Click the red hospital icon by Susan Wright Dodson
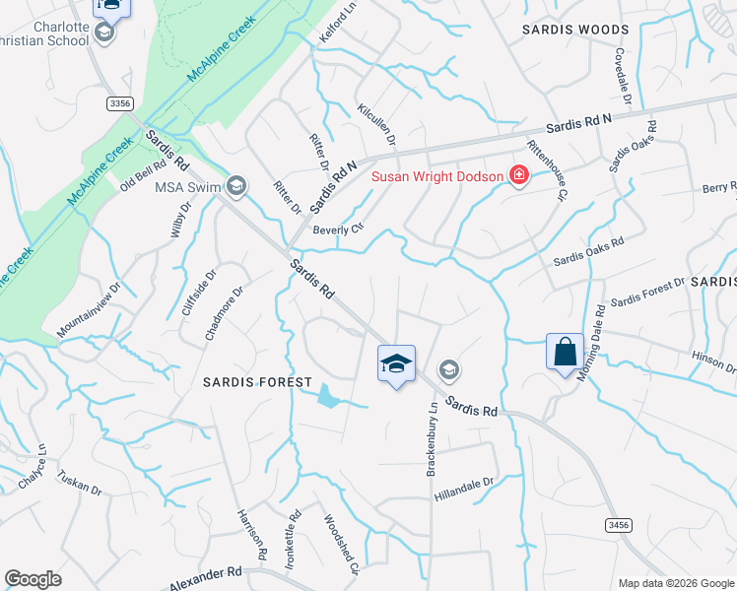click(518, 176)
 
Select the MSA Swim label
click(184, 186)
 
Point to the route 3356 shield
click(120, 102)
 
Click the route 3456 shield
click(618, 526)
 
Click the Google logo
click(33, 579)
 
